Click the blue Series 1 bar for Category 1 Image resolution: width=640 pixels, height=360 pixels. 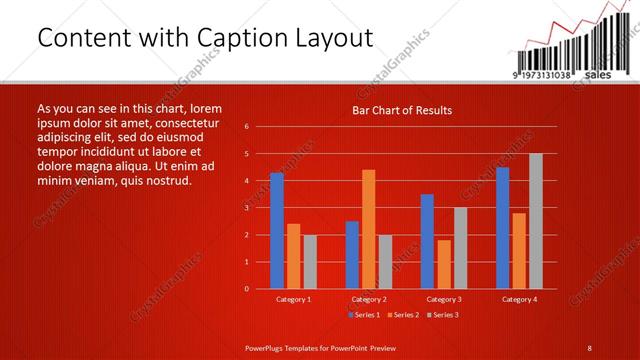(x=277, y=231)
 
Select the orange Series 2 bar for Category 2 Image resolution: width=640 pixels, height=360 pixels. (x=369, y=229)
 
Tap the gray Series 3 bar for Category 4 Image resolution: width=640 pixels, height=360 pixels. (x=536, y=221)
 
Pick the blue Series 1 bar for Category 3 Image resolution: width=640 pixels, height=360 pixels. (x=427, y=241)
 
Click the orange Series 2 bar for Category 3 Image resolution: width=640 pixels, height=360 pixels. (x=444, y=264)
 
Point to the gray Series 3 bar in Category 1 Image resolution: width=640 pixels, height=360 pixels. (x=310, y=262)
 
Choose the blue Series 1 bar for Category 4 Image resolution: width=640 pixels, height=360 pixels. (x=502, y=228)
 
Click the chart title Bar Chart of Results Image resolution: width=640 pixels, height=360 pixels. (x=402, y=110)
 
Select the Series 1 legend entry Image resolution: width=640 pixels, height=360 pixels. (x=363, y=315)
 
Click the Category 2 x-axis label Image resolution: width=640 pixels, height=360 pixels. (x=369, y=299)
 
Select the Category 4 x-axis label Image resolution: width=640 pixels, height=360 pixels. (x=519, y=299)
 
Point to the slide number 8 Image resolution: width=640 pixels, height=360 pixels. (x=590, y=346)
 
